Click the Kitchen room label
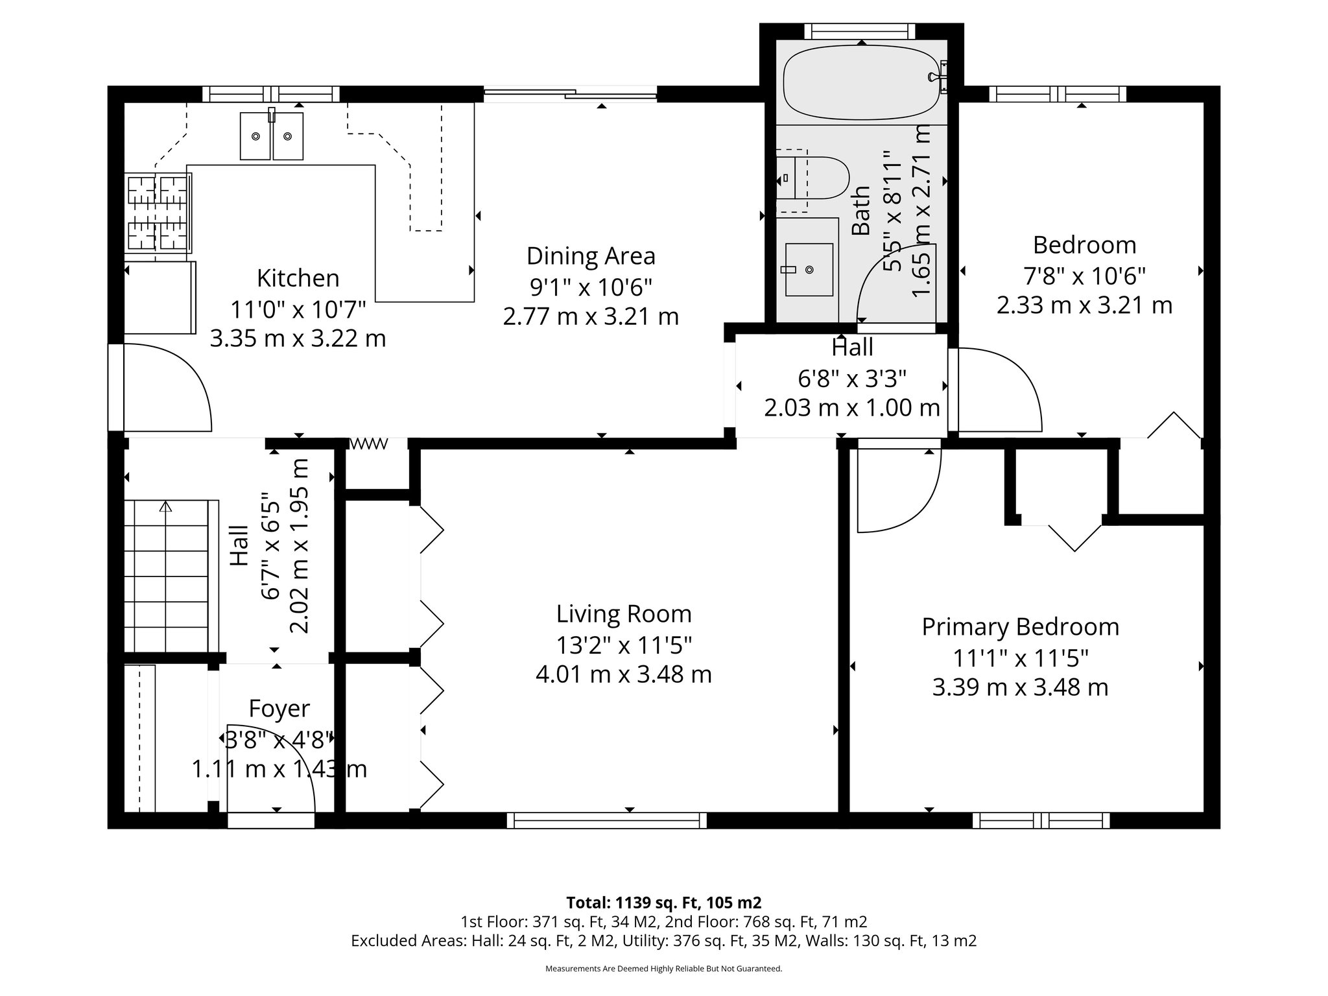pyautogui.click(x=298, y=278)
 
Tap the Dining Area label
pyautogui.click(x=591, y=256)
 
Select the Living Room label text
pyautogui.click(x=624, y=614)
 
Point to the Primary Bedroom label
pyautogui.click(x=1020, y=627)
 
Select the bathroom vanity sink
pyautogui.click(x=809, y=269)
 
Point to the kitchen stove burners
pyautogui.click(x=158, y=213)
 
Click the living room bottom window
pyautogui.click(x=606, y=820)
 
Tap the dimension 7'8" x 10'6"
pyautogui.click(x=1084, y=276)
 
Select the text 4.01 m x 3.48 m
pyautogui.click(x=624, y=674)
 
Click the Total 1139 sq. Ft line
pyautogui.click(x=663, y=903)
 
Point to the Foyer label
pyautogui.click(x=279, y=709)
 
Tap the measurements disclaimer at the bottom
pyautogui.click(x=663, y=969)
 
